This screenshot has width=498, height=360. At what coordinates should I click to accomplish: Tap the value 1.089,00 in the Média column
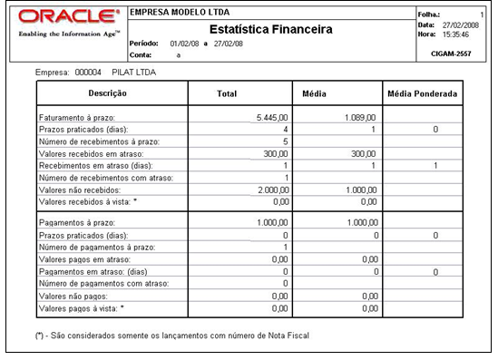tap(361, 118)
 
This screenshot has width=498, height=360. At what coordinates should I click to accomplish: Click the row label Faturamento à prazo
tap(82, 118)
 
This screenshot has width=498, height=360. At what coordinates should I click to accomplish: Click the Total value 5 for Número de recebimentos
tap(285, 141)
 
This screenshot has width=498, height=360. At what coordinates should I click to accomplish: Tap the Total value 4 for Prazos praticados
tap(285, 130)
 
